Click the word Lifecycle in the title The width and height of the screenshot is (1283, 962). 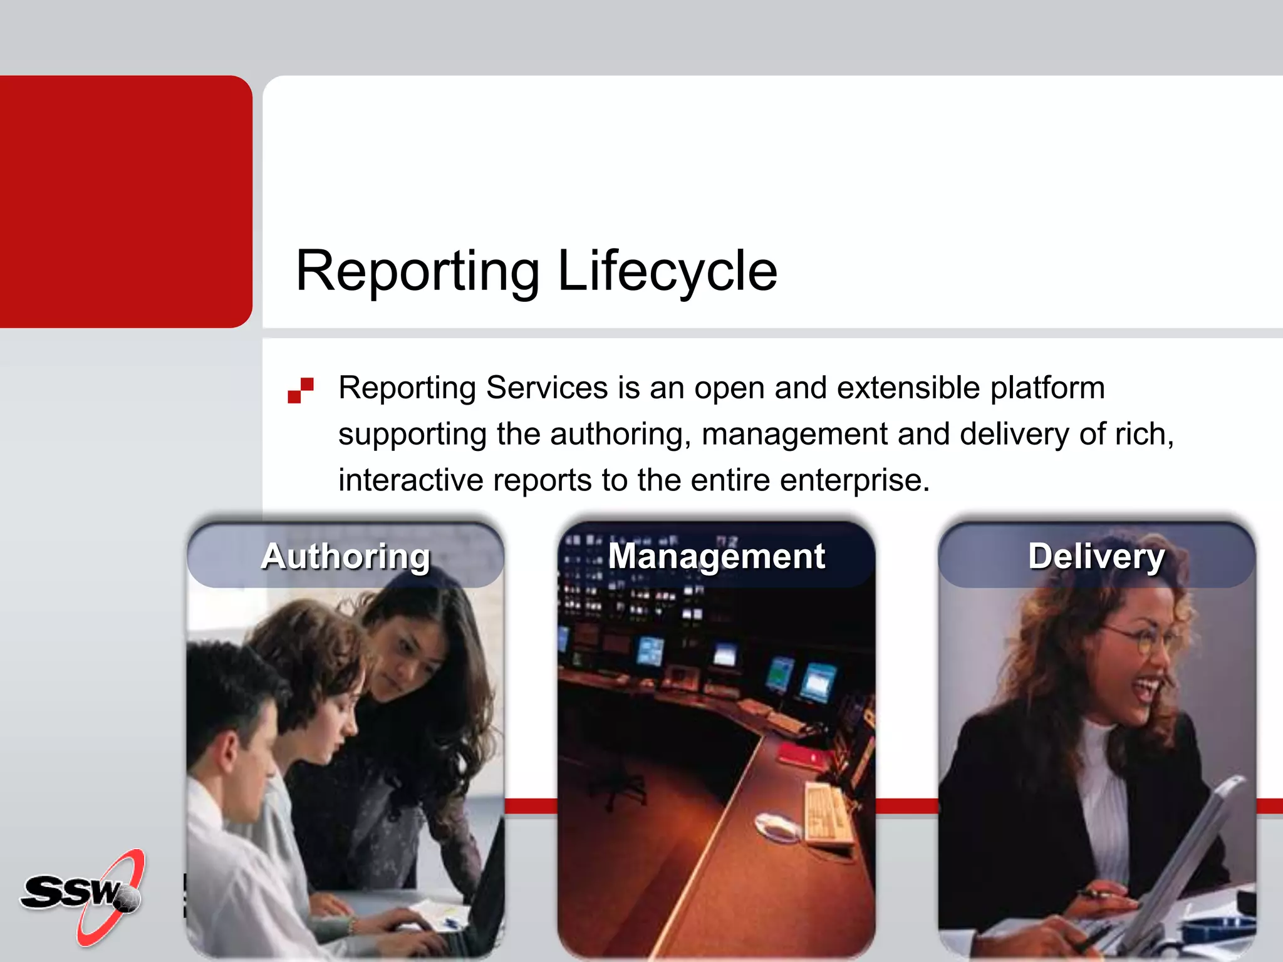pos(667,271)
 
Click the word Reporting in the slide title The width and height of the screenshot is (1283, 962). pos(417,271)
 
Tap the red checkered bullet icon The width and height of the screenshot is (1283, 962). pos(301,390)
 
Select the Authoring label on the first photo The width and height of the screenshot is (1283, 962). pos(346,556)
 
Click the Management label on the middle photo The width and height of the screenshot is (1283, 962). pos(717,556)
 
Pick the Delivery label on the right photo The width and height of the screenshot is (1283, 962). pos(1096,556)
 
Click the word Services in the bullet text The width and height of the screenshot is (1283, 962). pos(547,388)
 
